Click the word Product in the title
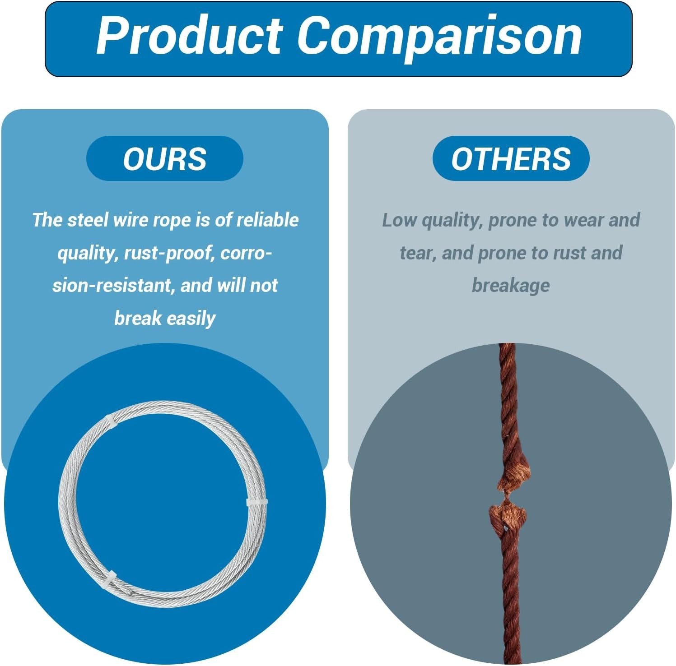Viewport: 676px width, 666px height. pyautogui.click(x=190, y=36)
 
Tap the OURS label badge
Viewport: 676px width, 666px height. pyautogui.click(x=165, y=158)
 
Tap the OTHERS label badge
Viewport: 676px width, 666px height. pyautogui.click(x=511, y=158)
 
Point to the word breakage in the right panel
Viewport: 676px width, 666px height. pyautogui.click(x=511, y=286)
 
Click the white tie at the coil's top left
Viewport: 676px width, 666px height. pyautogui.click(x=111, y=423)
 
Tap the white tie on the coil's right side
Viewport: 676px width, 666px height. pyautogui.click(x=257, y=502)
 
